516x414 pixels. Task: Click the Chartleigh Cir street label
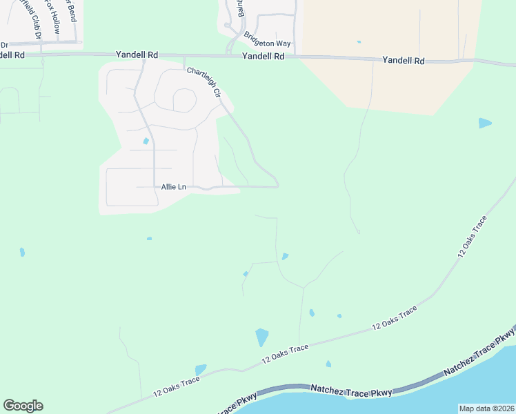pyautogui.click(x=203, y=82)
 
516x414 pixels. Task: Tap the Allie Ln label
pyautogui.click(x=173, y=187)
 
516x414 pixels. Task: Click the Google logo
pyautogui.click(x=23, y=406)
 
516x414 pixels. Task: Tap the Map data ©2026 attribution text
pyautogui.click(x=486, y=408)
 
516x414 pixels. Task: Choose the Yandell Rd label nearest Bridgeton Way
pyautogui.click(x=264, y=57)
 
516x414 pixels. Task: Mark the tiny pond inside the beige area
pyautogui.click(x=359, y=42)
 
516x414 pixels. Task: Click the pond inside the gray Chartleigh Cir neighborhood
pyautogui.click(x=146, y=141)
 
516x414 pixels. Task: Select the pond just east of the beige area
pyautogui.click(x=485, y=124)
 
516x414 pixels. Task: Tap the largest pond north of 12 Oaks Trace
pyautogui.click(x=261, y=337)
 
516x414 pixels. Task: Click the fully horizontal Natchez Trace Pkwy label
pyautogui.click(x=351, y=392)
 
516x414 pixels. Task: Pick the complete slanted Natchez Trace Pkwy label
pyautogui.click(x=479, y=353)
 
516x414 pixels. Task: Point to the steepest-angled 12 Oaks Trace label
pyautogui.click(x=472, y=237)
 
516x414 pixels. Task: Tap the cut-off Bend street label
pyautogui.click(x=71, y=11)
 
